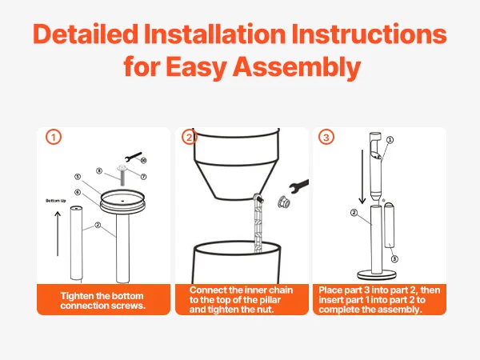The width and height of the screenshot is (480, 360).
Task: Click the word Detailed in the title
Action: tap(86, 34)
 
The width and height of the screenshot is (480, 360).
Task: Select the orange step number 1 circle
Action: tap(54, 137)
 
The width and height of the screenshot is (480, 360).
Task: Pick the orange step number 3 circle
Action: tap(326, 137)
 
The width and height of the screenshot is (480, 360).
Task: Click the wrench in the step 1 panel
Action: tap(134, 156)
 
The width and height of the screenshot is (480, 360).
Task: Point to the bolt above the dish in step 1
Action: tap(122, 174)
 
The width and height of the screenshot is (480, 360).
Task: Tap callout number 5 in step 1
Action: tap(78, 177)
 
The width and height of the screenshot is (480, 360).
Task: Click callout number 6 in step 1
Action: tap(78, 192)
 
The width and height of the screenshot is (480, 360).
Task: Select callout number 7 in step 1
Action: tap(143, 177)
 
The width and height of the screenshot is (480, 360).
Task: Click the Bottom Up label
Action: tap(56, 201)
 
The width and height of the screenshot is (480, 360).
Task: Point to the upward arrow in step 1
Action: tap(58, 234)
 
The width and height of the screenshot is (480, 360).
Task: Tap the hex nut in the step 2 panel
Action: tap(283, 202)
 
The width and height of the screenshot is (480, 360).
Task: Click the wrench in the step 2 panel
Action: tap(298, 186)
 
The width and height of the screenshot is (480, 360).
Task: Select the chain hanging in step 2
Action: tap(258, 223)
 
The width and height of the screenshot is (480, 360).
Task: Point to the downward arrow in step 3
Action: tap(362, 177)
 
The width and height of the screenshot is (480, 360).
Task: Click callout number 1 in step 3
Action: tap(390, 140)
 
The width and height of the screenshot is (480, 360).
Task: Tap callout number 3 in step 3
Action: tap(394, 259)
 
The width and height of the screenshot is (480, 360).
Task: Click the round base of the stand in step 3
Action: tap(377, 274)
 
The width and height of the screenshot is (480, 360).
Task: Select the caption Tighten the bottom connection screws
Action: tap(102, 301)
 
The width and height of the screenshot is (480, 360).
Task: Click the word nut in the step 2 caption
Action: tap(265, 310)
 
